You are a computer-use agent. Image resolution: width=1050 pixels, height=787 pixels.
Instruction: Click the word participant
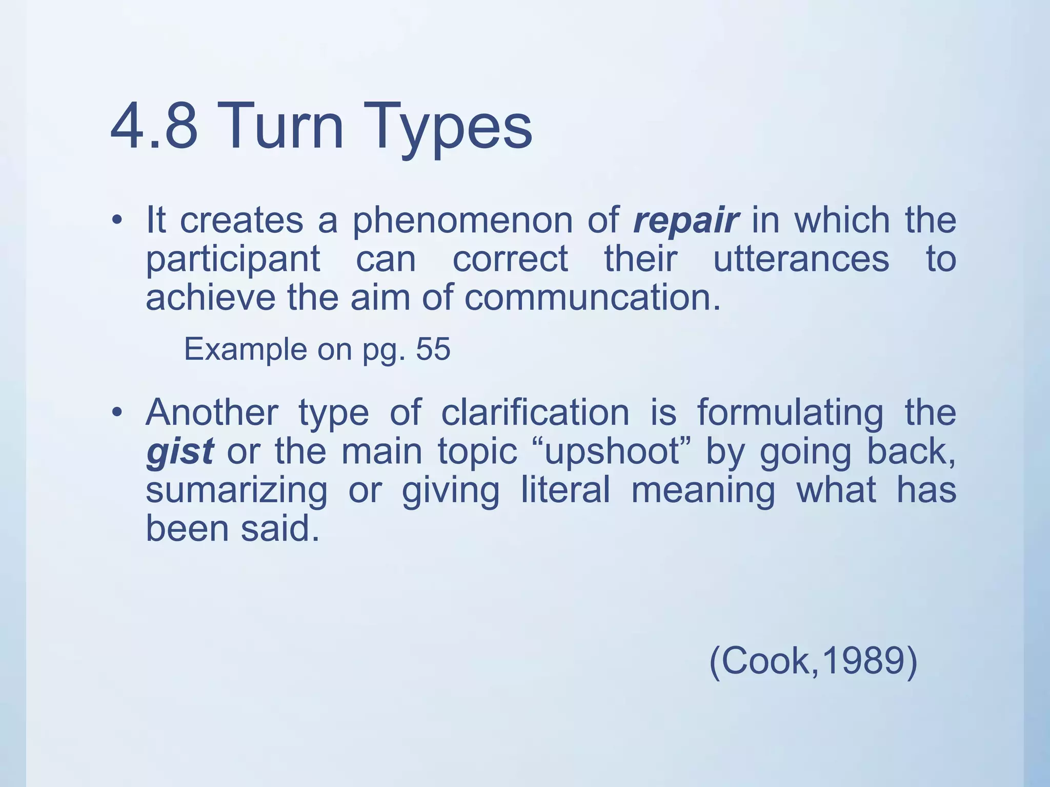pos(233,260)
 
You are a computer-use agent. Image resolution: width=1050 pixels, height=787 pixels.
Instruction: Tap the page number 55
pos(433,349)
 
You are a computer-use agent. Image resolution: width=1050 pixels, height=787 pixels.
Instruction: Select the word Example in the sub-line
pos(245,350)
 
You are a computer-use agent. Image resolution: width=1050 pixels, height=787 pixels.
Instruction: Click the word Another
pos(212,412)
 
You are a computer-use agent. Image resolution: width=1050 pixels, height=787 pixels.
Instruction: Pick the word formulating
pos(790,413)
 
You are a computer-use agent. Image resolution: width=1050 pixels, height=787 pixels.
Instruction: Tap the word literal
pos(565,489)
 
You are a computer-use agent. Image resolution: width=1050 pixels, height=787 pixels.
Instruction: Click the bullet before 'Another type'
pos(117,412)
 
